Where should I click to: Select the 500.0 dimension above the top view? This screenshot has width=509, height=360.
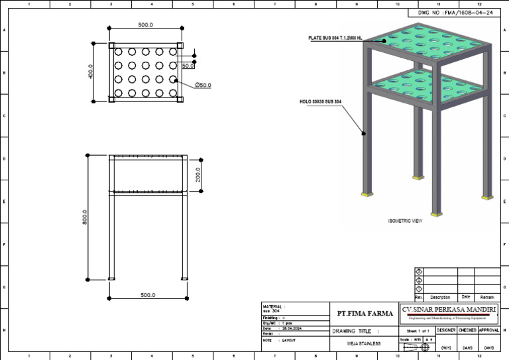click(145, 25)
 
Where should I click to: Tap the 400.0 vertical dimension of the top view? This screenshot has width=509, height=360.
click(90, 72)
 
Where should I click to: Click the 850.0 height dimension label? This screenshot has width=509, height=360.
click(85, 217)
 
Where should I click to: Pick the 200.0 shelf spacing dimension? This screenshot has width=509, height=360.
click(198, 176)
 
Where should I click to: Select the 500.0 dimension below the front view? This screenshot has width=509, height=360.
click(146, 294)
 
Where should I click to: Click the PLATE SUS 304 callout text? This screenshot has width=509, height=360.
click(335, 38)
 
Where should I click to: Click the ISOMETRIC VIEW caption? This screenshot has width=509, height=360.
click(404, 220)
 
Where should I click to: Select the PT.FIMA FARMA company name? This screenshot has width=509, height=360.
click(365, 314)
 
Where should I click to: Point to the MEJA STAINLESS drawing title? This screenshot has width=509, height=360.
click(364, 343)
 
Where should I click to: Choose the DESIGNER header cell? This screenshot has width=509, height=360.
click(446, 330)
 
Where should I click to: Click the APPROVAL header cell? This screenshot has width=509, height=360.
click(488, 330)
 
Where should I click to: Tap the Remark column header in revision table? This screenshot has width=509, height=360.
click(487, 297)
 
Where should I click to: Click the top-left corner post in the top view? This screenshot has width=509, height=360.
click(111, 45)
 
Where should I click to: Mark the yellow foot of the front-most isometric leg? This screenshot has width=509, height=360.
click(435, 213)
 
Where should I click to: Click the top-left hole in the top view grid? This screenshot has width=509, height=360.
click(117, 52)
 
